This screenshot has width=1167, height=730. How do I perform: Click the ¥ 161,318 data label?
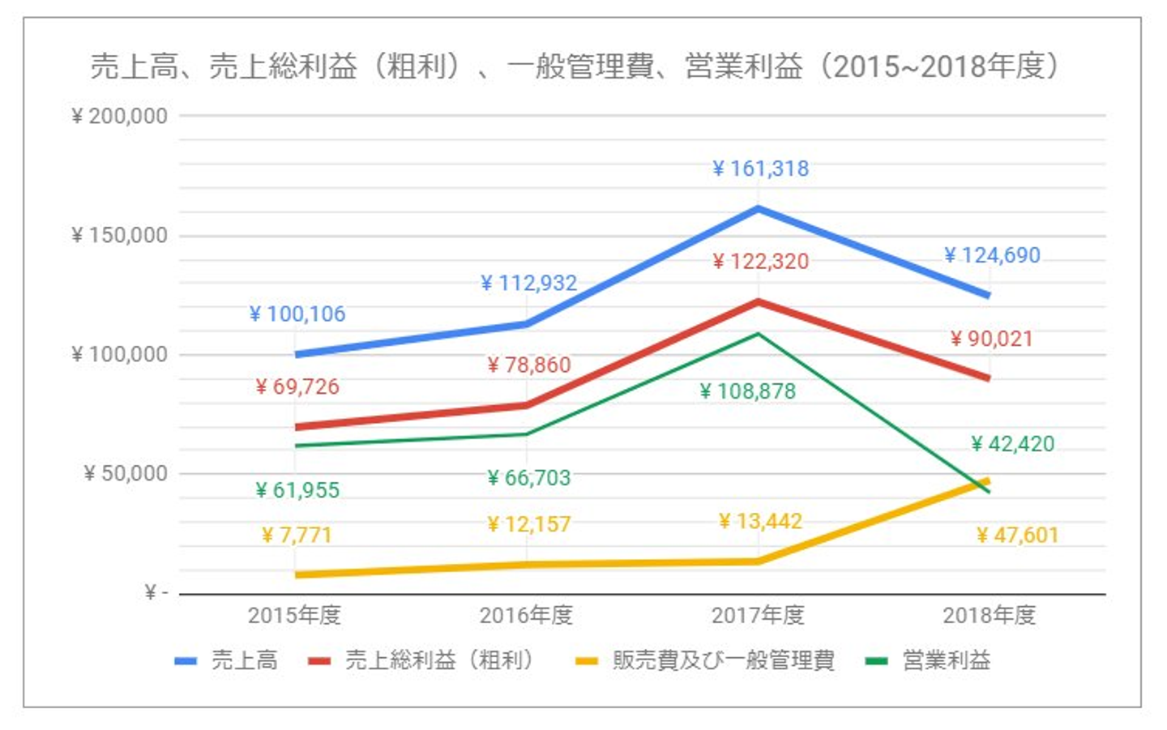[x=760, y=169]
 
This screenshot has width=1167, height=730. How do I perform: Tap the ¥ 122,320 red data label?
[x=760, y=262]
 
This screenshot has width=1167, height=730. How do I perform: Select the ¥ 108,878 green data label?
[x=747, y=391]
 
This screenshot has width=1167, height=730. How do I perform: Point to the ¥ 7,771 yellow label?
[x=296, y=535]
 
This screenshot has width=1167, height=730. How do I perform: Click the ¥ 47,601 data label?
[x=1016, y=535]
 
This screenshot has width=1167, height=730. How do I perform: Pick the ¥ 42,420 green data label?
[x=1012, y=444]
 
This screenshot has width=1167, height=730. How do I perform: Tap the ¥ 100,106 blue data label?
[x=297, y=314]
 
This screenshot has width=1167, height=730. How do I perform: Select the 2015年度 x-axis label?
[x=294, y=616]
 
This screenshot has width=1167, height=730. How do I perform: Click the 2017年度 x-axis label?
[x=758, y=616]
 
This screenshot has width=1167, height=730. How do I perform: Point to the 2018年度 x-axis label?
[x=989, y=616]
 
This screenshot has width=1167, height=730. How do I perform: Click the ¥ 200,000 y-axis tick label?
[x=119, y=116]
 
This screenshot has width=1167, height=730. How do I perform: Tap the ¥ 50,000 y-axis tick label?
[x=125, y=473]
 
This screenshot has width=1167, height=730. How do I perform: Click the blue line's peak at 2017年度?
[x=758, y=209]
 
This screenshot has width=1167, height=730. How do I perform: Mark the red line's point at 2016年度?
[x=527, y=405]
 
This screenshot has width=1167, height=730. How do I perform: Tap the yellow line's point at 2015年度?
[x=296, y=574]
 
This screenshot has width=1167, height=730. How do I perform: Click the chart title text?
[x=574, y=66]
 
